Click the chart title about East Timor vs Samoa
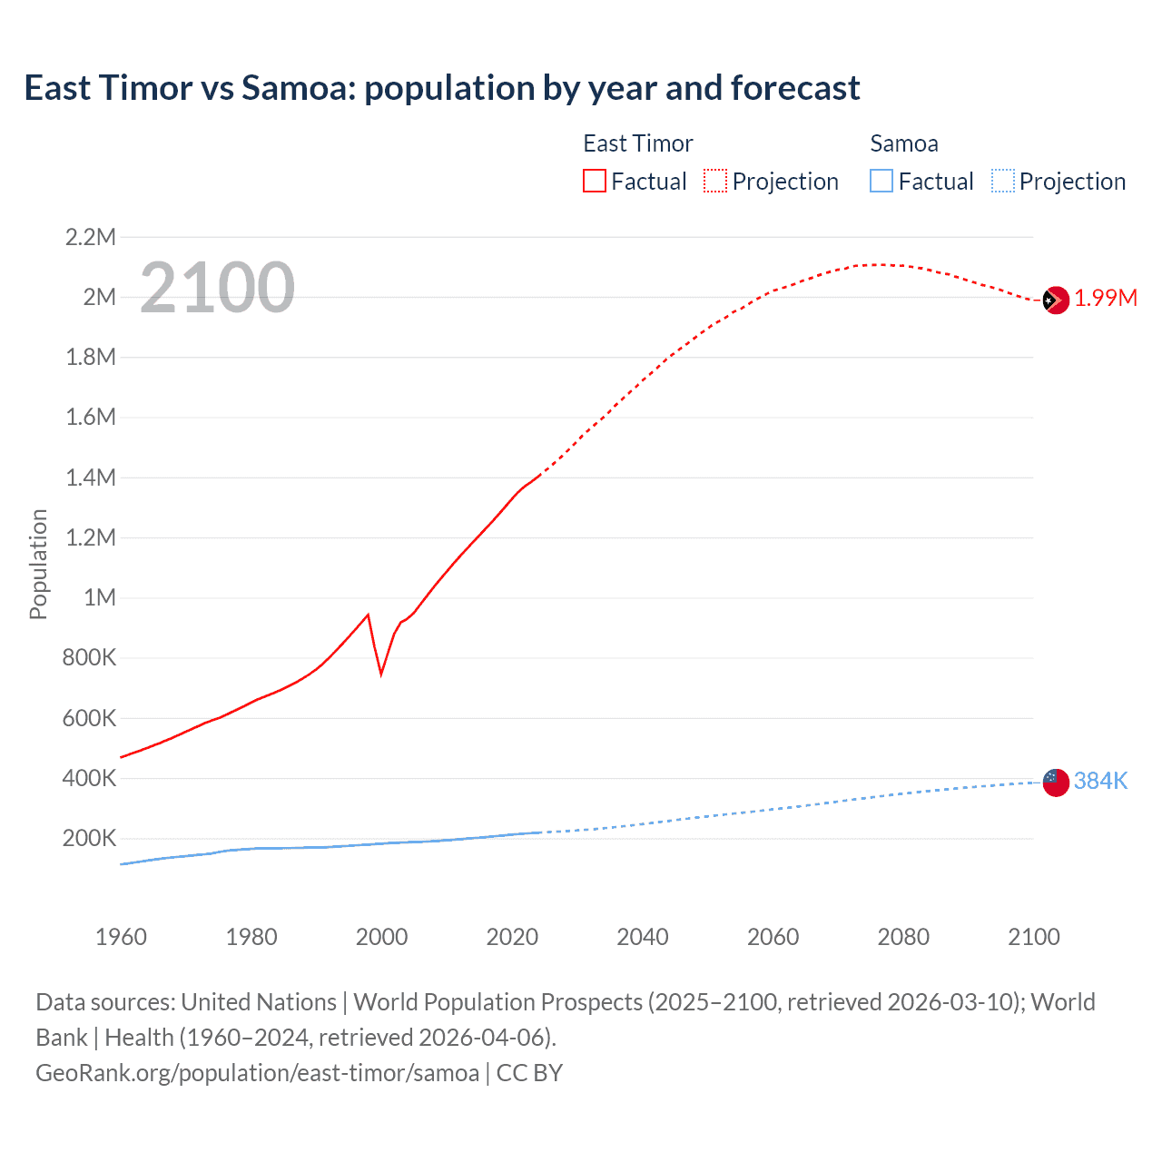(442, 88)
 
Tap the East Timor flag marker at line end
(1055, 300)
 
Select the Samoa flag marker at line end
(1055, 781)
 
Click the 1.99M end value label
(1106, 299)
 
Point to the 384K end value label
(1100, 781)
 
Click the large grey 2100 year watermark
(217, 288)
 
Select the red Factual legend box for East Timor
(595, 182)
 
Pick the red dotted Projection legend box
(715, 182)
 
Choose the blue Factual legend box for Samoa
(881, 182)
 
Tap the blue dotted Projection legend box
(1003, 182)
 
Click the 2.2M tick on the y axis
(91, 238)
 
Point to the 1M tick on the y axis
(100, 597)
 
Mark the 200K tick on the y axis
(89, 838)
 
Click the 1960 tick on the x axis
(121, 937)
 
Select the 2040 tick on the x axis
(643, 937)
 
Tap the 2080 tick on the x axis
(903, 937)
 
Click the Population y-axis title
(38, 564)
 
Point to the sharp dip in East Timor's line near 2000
(381, 673)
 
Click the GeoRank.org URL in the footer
(257, 1073)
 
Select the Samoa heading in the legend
(904, 143)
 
